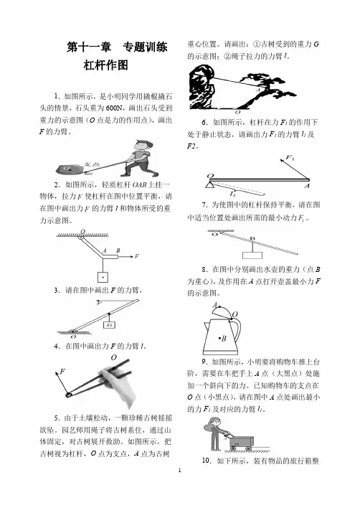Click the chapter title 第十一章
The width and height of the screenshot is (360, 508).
(x=89, y=47)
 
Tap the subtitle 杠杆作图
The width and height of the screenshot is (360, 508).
(x=106, y=65)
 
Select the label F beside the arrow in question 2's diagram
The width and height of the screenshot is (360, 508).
(x=137, y=256)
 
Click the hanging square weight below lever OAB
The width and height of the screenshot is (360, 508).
(x=103, y=278)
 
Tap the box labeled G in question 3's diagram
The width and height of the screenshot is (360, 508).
(x=110, y=324)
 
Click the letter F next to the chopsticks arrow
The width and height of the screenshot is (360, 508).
(x=63, y=371)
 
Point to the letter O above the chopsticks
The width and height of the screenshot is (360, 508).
(x=113, y=357)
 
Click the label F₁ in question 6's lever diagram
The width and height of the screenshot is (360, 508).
(x=290, y=158)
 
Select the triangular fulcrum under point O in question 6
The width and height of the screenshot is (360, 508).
(x=209, y=184)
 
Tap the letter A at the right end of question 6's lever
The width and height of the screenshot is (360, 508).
(x=307, y=186)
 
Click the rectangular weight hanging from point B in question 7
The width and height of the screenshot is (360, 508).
(x=252, y=255)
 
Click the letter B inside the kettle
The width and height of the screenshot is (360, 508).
(x=224, y=339)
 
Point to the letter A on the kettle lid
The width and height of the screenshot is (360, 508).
(x=214, y=305)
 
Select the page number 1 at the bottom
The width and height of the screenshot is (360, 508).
(x=180, y=470)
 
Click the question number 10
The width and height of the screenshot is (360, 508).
(x=207, y=461)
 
